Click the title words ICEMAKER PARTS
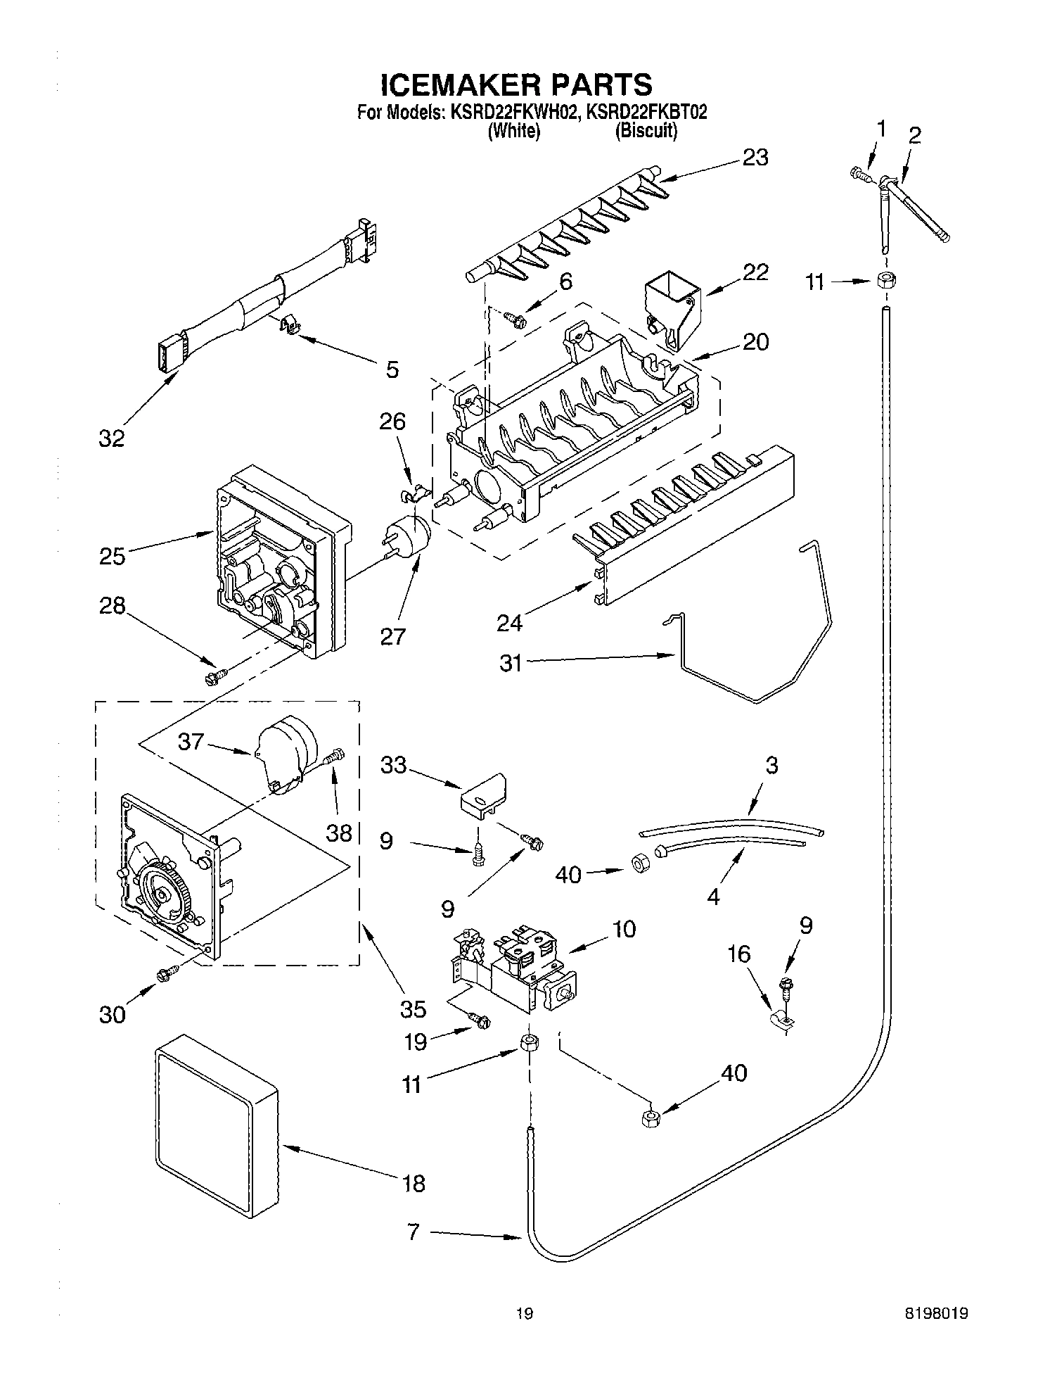(516, 85)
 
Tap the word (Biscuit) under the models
(646, 131)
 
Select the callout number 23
(755, 158)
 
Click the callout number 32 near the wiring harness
(111, 438)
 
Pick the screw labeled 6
(517, 321)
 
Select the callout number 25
(112, 556)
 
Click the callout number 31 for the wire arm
(511, 664)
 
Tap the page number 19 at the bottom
(524, 1313)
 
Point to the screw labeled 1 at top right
(859, 172)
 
